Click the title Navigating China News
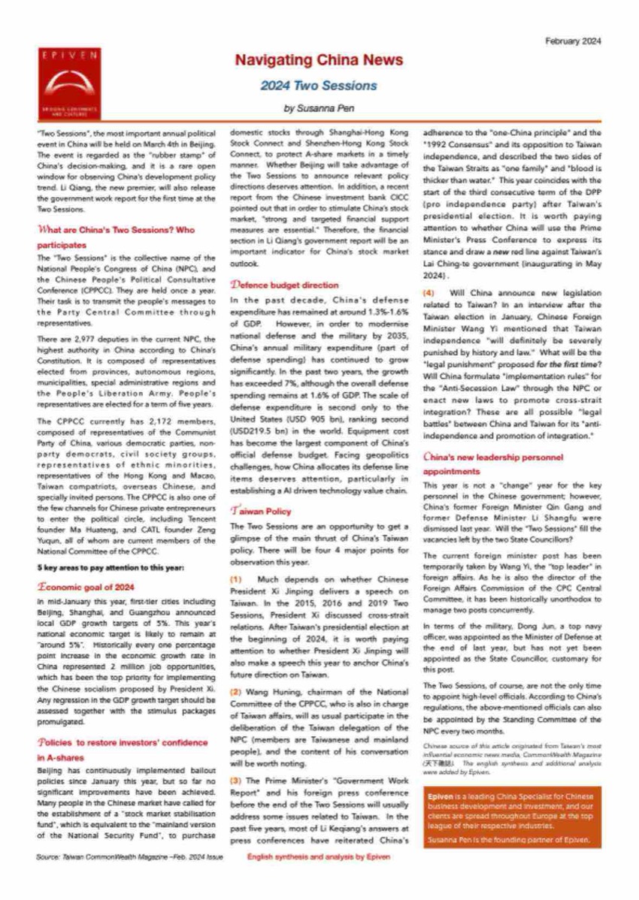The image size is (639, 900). click(319, 60)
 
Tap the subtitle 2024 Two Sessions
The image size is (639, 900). click(319, 86)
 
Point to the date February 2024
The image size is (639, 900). click(574, 42)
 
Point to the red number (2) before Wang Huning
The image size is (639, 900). click(235, 711)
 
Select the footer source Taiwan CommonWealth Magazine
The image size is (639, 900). click(129, 856)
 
